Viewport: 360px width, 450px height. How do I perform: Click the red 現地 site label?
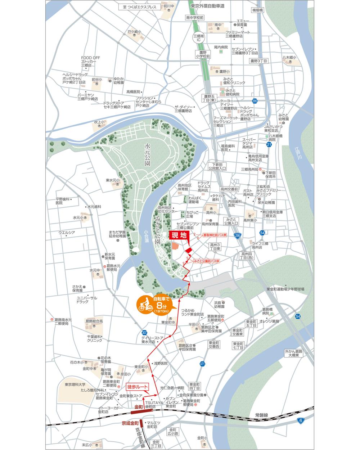click(x=179, y=236)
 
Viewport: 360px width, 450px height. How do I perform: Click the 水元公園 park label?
click(x=147, y=156)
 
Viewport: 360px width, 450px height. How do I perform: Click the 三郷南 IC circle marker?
click(x=198, y=38)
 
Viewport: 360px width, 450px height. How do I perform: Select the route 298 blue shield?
click(x=237, y=235)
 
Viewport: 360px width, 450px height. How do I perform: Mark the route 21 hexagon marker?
click(x=269, y=144)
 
